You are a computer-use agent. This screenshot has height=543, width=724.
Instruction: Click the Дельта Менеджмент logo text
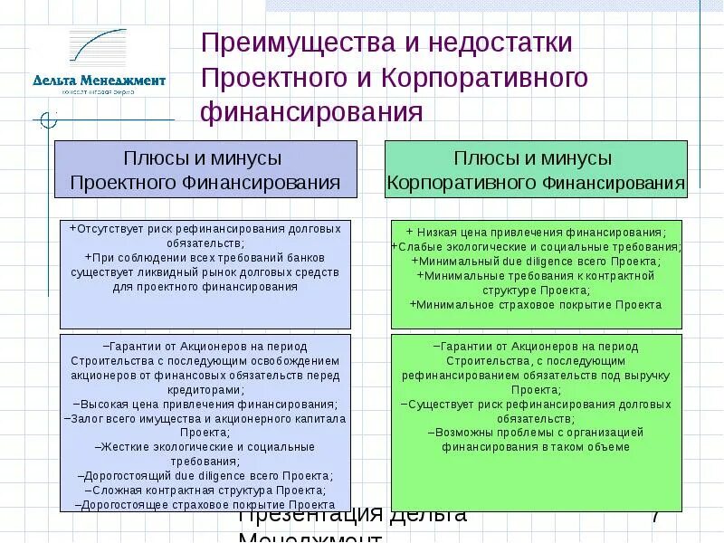pyautogui.click(x=100, y=81)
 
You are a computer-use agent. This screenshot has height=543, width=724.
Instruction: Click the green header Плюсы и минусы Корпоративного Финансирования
pyautogui.click(x=536, y=170)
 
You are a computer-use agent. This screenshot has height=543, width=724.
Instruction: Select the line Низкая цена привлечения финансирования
pyautogui.click(x=537, y=233)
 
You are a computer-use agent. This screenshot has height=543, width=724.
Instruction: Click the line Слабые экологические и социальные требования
pyautogui.click(x=537, y=247)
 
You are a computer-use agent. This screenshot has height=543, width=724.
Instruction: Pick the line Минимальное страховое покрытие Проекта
pyautogui.click(x=537, y=305)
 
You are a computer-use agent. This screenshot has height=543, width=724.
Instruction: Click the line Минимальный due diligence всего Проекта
pyautogui.click(x=537, y=262)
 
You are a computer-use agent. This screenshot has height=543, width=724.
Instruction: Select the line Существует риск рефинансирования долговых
pyautogui.click(x=537, y=404)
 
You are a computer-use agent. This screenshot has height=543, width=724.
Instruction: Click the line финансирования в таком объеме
pyautogui.click(x=537, y=447)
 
